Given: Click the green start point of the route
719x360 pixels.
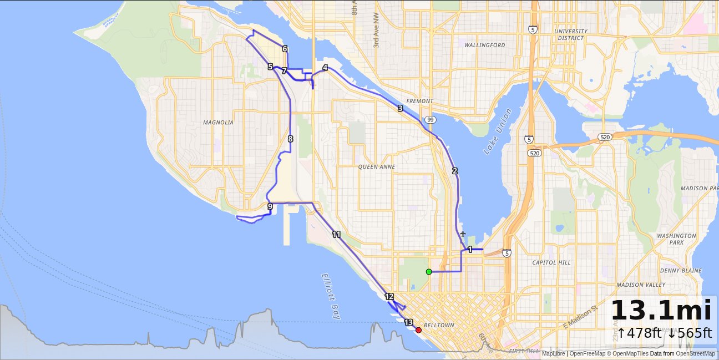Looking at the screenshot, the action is [429, 271].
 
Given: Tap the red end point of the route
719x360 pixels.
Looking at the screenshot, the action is [418, 330].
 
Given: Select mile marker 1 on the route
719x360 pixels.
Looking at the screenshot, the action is [470, 250].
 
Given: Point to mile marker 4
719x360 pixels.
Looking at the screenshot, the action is [325, 68].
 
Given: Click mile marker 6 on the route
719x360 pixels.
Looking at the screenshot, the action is [285, 49].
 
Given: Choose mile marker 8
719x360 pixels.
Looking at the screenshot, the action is [290, 139].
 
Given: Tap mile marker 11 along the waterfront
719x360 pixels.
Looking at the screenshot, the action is [336, 234].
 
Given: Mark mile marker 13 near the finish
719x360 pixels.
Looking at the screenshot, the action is [409, 322].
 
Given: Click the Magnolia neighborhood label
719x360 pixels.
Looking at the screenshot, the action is [218, 123].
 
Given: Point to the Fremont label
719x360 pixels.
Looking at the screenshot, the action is [419, 101].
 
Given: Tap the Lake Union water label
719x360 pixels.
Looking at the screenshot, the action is [498, 131].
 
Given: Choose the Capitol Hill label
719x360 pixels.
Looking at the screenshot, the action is [551, 262].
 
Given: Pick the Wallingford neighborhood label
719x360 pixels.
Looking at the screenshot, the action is [484, 45].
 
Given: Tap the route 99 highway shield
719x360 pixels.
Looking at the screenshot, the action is [431, 119].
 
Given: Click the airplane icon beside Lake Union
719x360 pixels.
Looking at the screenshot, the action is [463, 234].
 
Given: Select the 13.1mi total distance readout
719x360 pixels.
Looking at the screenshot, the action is [661, 311].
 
